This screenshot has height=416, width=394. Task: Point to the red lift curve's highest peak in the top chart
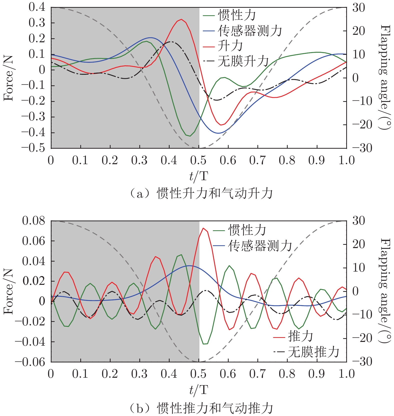point(181,19)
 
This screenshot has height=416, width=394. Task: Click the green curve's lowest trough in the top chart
point(190,136)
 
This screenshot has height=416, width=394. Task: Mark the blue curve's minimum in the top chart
point(218,133)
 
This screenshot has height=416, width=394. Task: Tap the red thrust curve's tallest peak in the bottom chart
point(203,228)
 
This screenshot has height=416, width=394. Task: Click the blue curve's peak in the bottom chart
point(190,266)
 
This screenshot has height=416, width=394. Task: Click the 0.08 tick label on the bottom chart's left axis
point(34,221)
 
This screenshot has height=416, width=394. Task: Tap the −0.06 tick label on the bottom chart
point(30,362)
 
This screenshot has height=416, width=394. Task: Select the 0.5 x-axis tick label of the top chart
point(199,160)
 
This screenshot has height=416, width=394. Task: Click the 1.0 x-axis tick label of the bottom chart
point(346,374)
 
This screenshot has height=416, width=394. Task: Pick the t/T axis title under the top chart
point(199,176)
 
